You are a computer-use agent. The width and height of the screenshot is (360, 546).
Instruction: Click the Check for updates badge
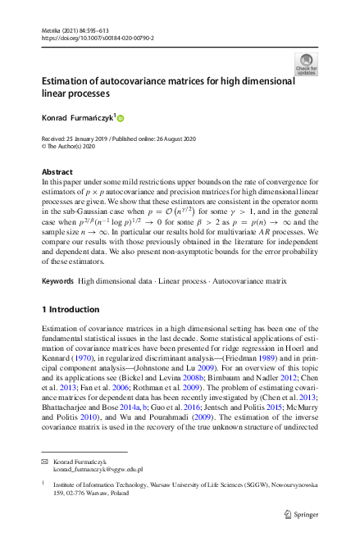tap(306, 65)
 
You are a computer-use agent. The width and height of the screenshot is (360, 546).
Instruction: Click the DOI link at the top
tap(97, 38)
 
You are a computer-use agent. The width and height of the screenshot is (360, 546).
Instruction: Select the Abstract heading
tap(57, 172)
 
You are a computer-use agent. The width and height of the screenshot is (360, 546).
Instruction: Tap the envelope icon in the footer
tap(46, 462)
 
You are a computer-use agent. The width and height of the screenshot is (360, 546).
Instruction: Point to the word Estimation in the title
tap(69, 83)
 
